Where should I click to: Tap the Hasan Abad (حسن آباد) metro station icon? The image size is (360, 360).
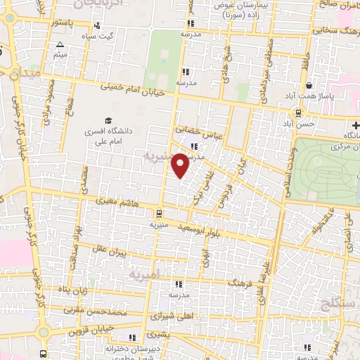[x=299, y=112]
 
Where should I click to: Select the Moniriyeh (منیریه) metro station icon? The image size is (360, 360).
[x=159, y=213]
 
